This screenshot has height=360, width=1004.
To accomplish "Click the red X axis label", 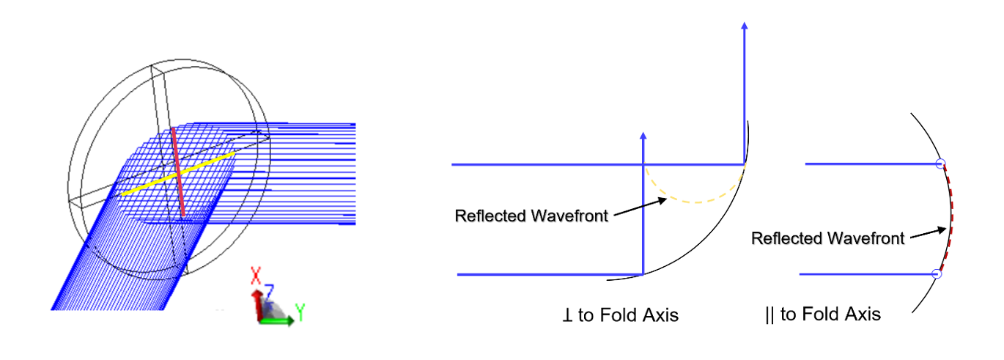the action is coord(256,275).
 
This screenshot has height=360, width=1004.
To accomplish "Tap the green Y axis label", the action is coord(300,312).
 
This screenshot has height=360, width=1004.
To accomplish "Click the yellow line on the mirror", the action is coord(178,174).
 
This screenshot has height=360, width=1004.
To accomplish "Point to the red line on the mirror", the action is coord(178,172).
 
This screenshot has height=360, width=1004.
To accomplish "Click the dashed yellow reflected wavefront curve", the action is coord(695,202).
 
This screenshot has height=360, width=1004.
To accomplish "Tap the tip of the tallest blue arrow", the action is coord(745,23).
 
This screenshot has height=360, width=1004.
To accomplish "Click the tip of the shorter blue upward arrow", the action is coord(643,133).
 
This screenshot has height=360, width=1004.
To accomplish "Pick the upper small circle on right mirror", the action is coord(941,164).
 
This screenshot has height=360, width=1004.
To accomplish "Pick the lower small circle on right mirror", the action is coord(937,274).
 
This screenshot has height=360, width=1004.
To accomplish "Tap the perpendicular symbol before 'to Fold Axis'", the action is coord(567,315).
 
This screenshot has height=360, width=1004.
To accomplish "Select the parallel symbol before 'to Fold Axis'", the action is coord(769,315).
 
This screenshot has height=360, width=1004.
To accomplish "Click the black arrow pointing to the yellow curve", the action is coord(641,207).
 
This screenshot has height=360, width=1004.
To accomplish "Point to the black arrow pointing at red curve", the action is coord(929,233).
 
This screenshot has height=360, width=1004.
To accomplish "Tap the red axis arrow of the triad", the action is coord(257,305).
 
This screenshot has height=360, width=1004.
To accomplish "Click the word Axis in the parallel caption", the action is coord(864,315).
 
